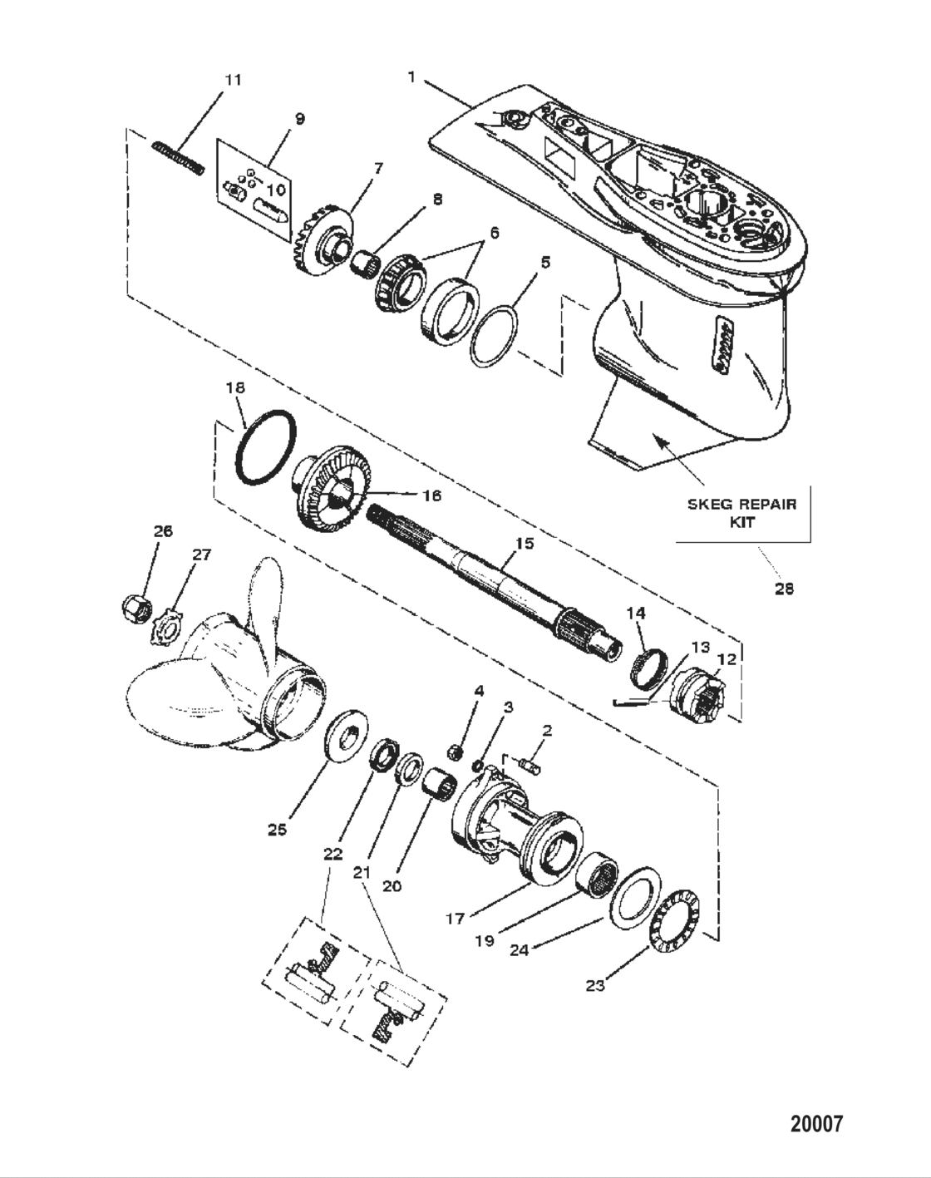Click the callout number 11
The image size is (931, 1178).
(234, 80)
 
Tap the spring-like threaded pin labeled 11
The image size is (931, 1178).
(178, 158)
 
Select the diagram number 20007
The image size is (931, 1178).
(815, 1125)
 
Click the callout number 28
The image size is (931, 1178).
(783, 589)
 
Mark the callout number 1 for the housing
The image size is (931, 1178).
(411, 77)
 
